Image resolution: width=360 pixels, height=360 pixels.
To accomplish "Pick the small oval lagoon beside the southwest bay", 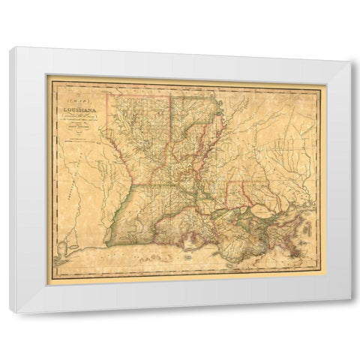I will tap(85, 240).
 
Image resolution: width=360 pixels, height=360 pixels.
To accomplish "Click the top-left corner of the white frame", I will tap(10, 46).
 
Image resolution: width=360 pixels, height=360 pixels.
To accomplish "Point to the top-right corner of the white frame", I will tap(349, 61).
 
